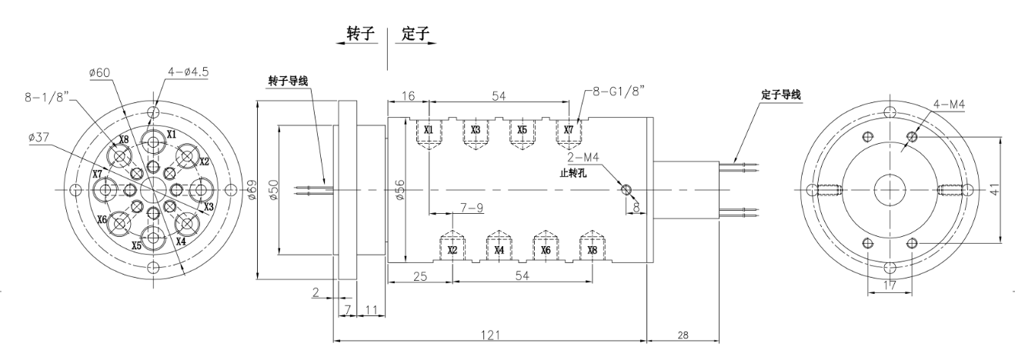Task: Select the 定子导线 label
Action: pyautogui.click(x=780, y=95)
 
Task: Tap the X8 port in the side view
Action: pyautogui.click(x=591, y=250)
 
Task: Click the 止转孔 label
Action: pyautogui.click(x=574, y=173)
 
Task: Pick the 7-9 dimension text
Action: pyautogui.click(x=472, y=208)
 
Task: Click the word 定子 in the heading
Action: pyautogui.click(x=416, y=35)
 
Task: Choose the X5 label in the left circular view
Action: pyautogui.click(x=136, y=246)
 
